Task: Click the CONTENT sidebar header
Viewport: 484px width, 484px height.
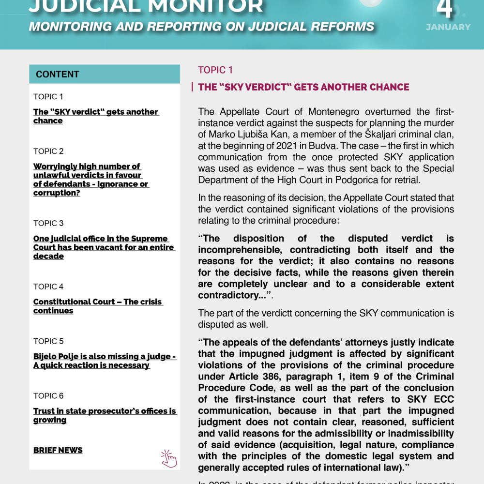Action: tap(57, 75)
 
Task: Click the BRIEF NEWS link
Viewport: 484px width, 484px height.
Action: tap(58, 451)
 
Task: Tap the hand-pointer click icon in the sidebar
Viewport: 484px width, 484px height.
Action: tap(169, 458)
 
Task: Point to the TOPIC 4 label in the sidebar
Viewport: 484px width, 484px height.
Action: tap(48, 287)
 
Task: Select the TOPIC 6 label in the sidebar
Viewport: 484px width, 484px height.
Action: tap(48, 396)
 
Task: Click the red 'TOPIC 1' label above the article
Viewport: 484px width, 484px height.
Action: tap(215, 70)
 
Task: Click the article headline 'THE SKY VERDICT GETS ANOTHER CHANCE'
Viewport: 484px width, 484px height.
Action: tap(303, 88)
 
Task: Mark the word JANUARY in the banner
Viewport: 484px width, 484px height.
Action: tap(448, 27)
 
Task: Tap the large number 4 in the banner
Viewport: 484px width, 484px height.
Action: tap(445, 9)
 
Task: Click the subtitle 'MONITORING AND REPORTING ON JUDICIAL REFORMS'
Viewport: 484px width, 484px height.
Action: tap(201, 27)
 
